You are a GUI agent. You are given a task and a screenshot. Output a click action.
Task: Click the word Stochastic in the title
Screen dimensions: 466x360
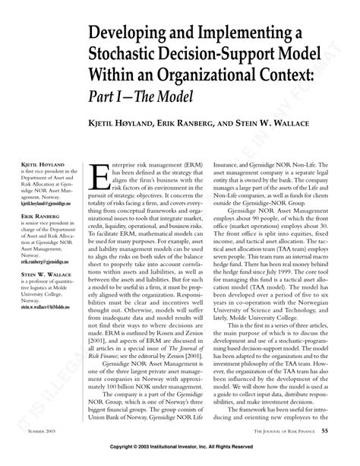(x=134, y=59)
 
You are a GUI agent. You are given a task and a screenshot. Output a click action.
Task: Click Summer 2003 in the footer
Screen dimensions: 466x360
(x=27, y=431)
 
